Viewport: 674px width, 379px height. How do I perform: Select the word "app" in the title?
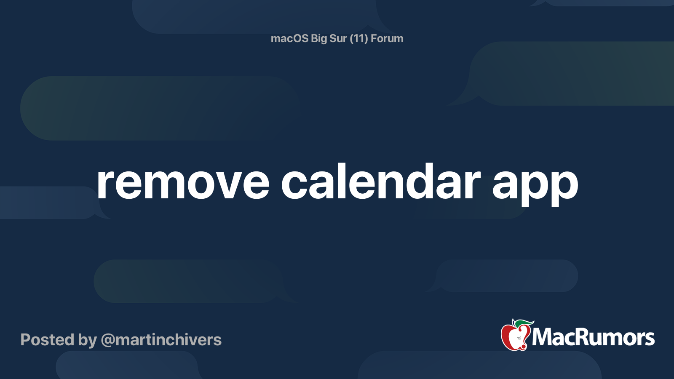pyautogui.click(x=535, y=185)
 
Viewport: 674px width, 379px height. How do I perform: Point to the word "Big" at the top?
pyautogui.click(x=319, y=39)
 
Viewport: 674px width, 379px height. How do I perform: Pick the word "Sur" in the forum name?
pyautogui.click(x=338, y=38)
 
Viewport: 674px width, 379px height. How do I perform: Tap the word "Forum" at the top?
pyautogui.click(x=387, y=38)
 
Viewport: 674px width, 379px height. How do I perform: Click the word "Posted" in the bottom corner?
pyautogui.click(x=47, y=340)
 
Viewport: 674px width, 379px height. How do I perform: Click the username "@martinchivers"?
pyautogui.click(x=161, y=340)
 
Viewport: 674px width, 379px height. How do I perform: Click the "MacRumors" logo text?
pyautogui.click(x=593, y=337)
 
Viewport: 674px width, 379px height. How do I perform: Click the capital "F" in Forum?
pyautogui.click(x=374, y=38)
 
